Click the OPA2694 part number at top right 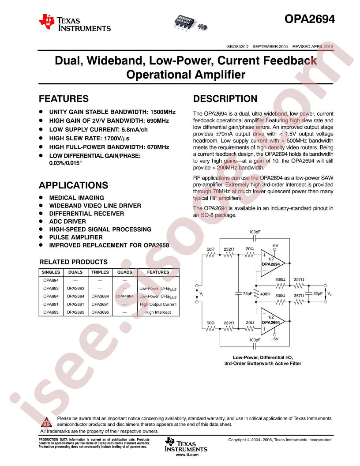309,19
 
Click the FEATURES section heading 64,98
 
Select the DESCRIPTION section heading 225,98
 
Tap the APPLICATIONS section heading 73,185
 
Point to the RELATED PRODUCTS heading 73,262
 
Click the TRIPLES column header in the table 100,272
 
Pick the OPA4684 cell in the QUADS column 124,296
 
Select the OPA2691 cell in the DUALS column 75,304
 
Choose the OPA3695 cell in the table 100,312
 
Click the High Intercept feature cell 157,312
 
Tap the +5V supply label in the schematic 274,245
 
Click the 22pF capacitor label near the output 318,293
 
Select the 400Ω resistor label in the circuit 265,293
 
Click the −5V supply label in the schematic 274,339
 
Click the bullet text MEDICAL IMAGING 76,198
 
